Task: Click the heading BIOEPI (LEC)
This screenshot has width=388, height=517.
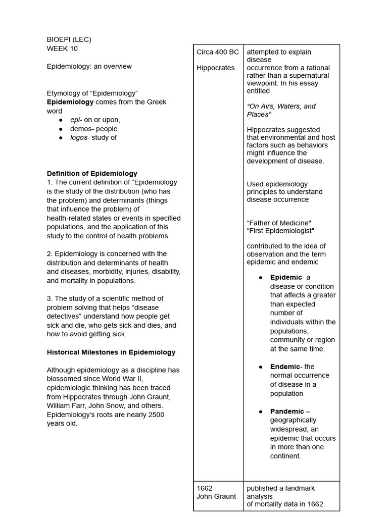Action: coord(69,39)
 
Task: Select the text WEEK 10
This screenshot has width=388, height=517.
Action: coord(62,49)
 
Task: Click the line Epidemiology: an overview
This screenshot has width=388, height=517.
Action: coord(89,66)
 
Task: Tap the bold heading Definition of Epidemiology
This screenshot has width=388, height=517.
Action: coord(92,173)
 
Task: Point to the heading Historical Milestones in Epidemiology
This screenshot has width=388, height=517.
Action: coord(111,352)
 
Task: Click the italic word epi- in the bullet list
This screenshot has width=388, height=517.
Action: coord(76,120)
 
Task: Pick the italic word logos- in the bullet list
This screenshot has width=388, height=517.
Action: coord(79,137)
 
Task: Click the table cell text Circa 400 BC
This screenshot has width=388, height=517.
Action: coord(218,52)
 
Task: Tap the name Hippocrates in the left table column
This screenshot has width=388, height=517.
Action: coord(216,68)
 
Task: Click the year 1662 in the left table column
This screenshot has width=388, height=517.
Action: coord(205,488)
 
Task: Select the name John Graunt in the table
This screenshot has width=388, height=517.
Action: coord(216,496)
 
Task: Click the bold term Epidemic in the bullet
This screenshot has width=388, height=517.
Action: coord(286,277)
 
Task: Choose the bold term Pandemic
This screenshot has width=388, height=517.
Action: coord(287,411)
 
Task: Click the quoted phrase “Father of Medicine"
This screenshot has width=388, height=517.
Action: coord(279,223)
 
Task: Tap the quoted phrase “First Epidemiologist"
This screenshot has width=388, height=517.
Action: coord(280,231)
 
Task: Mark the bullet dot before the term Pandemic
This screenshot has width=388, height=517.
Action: coord(261,411)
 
